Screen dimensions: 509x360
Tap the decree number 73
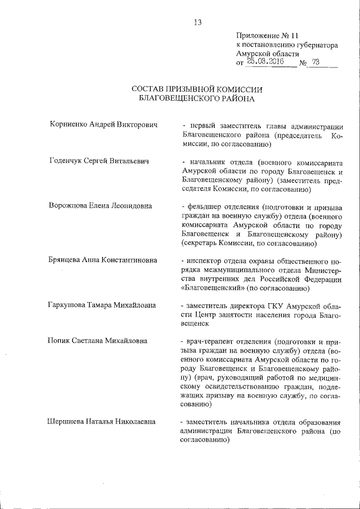tap(315, 62)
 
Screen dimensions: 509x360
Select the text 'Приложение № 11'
tap(263, 35)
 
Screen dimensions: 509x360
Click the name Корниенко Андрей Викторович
tap(102, 125)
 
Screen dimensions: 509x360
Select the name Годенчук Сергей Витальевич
tap(99, 162)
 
